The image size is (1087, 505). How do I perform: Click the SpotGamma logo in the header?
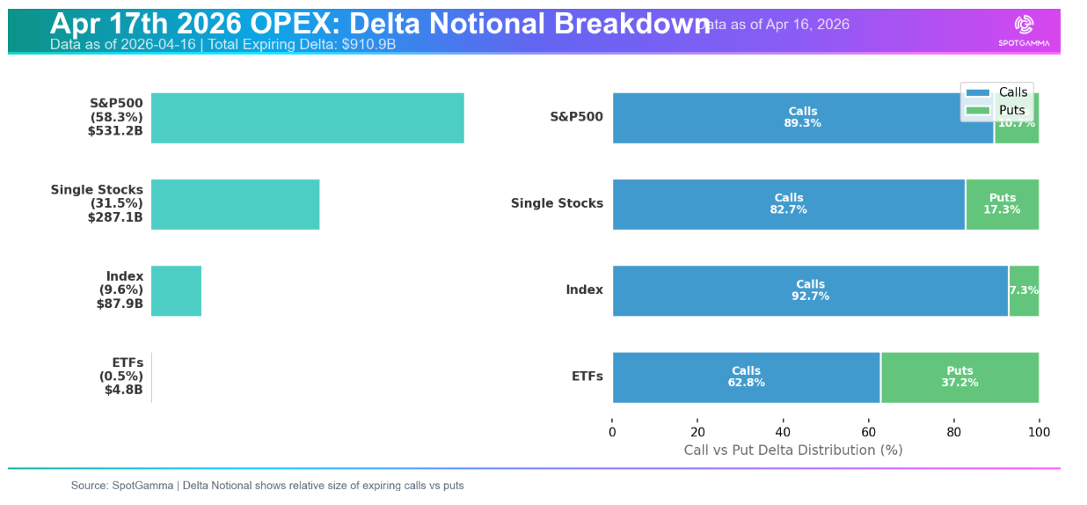coord(1023,30)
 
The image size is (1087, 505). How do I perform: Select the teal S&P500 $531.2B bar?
coord(307,118)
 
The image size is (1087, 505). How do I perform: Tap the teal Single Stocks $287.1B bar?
coord(235,204)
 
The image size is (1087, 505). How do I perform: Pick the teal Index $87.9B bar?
coord(176,290)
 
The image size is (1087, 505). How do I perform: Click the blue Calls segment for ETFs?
coord(746,377)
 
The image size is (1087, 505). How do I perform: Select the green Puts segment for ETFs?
coord(959,377)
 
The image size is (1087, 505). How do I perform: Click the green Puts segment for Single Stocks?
coord(1003,204)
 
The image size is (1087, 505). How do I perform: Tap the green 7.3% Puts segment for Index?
coord(1024,290)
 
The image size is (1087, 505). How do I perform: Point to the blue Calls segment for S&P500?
coord(802,118)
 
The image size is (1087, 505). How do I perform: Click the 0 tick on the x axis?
coord(612,432)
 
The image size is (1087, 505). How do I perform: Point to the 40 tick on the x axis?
coord(783,432)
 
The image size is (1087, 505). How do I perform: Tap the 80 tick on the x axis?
coord(953,432)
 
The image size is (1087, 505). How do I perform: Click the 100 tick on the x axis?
coord(1039,432)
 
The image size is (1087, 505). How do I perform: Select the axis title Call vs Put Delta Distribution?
coord(792,450)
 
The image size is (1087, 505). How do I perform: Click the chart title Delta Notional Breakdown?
coord(380,24)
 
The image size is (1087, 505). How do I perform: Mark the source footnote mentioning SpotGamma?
coord(267,486)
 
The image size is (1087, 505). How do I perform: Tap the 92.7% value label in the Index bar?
coord(810,296)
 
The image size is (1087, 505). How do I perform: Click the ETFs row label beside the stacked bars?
coord(587,377)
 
